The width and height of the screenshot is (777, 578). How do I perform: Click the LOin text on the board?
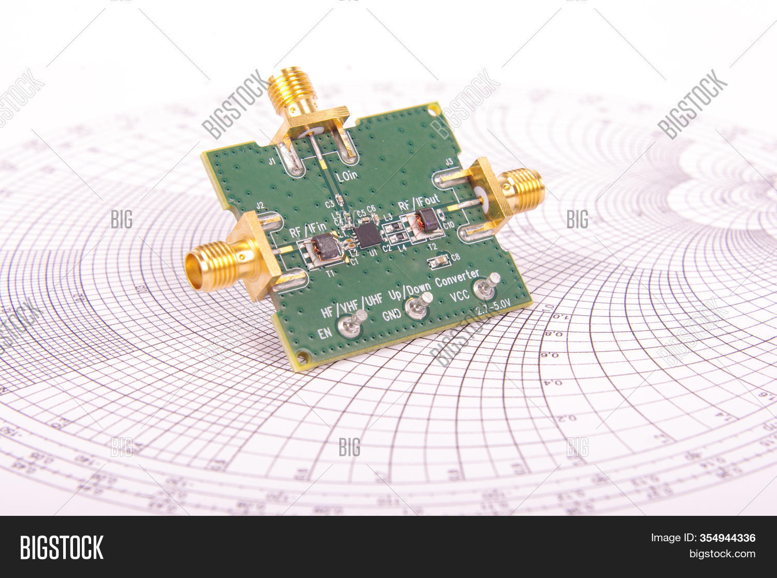click(x=347, y=177)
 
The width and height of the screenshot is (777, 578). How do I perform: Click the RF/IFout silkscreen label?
click(x=419, y=203)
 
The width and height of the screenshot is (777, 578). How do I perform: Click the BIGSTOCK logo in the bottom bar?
click(x=62, y=547)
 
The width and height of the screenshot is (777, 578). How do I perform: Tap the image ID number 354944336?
click(x=727, y=538)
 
